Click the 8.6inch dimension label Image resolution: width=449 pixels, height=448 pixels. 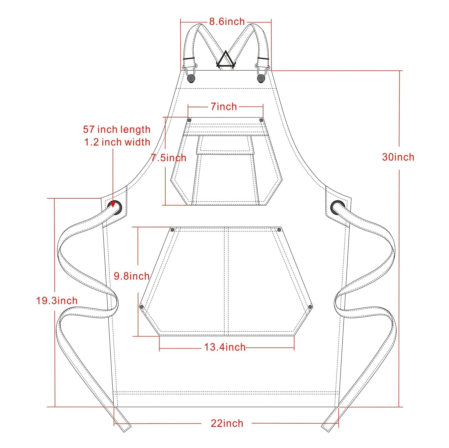coord(227,22)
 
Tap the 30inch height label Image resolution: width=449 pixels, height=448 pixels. coord(398,157)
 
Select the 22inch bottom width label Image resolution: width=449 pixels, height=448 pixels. coord(227,423)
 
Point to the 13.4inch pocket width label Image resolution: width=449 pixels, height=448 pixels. coord(225,347)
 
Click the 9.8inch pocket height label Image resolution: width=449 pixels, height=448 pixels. coord(131,276)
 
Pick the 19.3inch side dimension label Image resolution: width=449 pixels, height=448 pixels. coord(57,301)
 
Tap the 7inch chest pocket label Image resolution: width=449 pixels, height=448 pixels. coord(224,106)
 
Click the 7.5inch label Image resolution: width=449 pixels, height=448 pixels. coord(169,158)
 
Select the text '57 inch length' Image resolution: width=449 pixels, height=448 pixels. coord(117,129)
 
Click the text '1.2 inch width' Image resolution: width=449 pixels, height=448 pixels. coord(117,142)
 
